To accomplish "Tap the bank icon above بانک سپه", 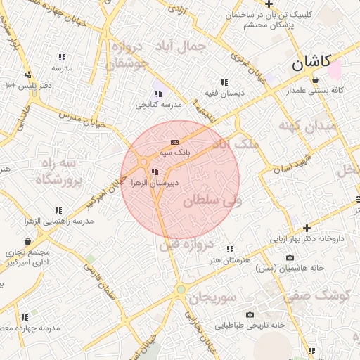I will point(174,143).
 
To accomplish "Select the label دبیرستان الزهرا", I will point(151,182).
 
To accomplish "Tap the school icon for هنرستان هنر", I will point(229,249).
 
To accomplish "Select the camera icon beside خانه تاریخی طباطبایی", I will point(249,314).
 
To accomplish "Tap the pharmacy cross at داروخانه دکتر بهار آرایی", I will point(307,227).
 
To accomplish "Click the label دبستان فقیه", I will point(224,92).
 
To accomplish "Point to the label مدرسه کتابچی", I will point(159,104).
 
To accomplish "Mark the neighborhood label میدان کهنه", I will point(309,127).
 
